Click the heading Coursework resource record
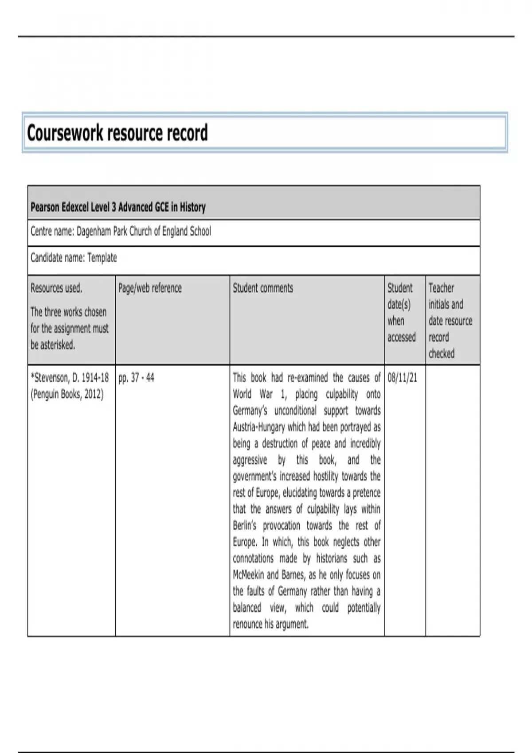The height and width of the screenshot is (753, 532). (x=117, y=133)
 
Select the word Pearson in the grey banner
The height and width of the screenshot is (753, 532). (x=45, y=207)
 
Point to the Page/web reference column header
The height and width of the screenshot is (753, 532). (x=150, y=288)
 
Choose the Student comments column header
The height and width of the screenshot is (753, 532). (x=263, y=288)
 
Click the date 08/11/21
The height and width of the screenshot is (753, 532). (x=402, y=378)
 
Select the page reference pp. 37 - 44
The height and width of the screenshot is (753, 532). (x=136, y=378)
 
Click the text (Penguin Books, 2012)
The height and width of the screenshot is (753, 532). (x=67, y=394)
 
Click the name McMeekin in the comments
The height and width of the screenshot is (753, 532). (x=248, y=575)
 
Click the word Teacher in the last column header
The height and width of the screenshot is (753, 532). (x=441, y=288)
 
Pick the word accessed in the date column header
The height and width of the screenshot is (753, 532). (x=401, y=338)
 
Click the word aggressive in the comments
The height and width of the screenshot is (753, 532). (x=250, y=460)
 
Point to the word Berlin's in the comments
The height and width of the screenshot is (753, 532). (x=245, y=526)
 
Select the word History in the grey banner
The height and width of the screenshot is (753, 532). (x=192, y=207)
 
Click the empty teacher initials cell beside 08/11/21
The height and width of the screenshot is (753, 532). (x=452, y=501)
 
